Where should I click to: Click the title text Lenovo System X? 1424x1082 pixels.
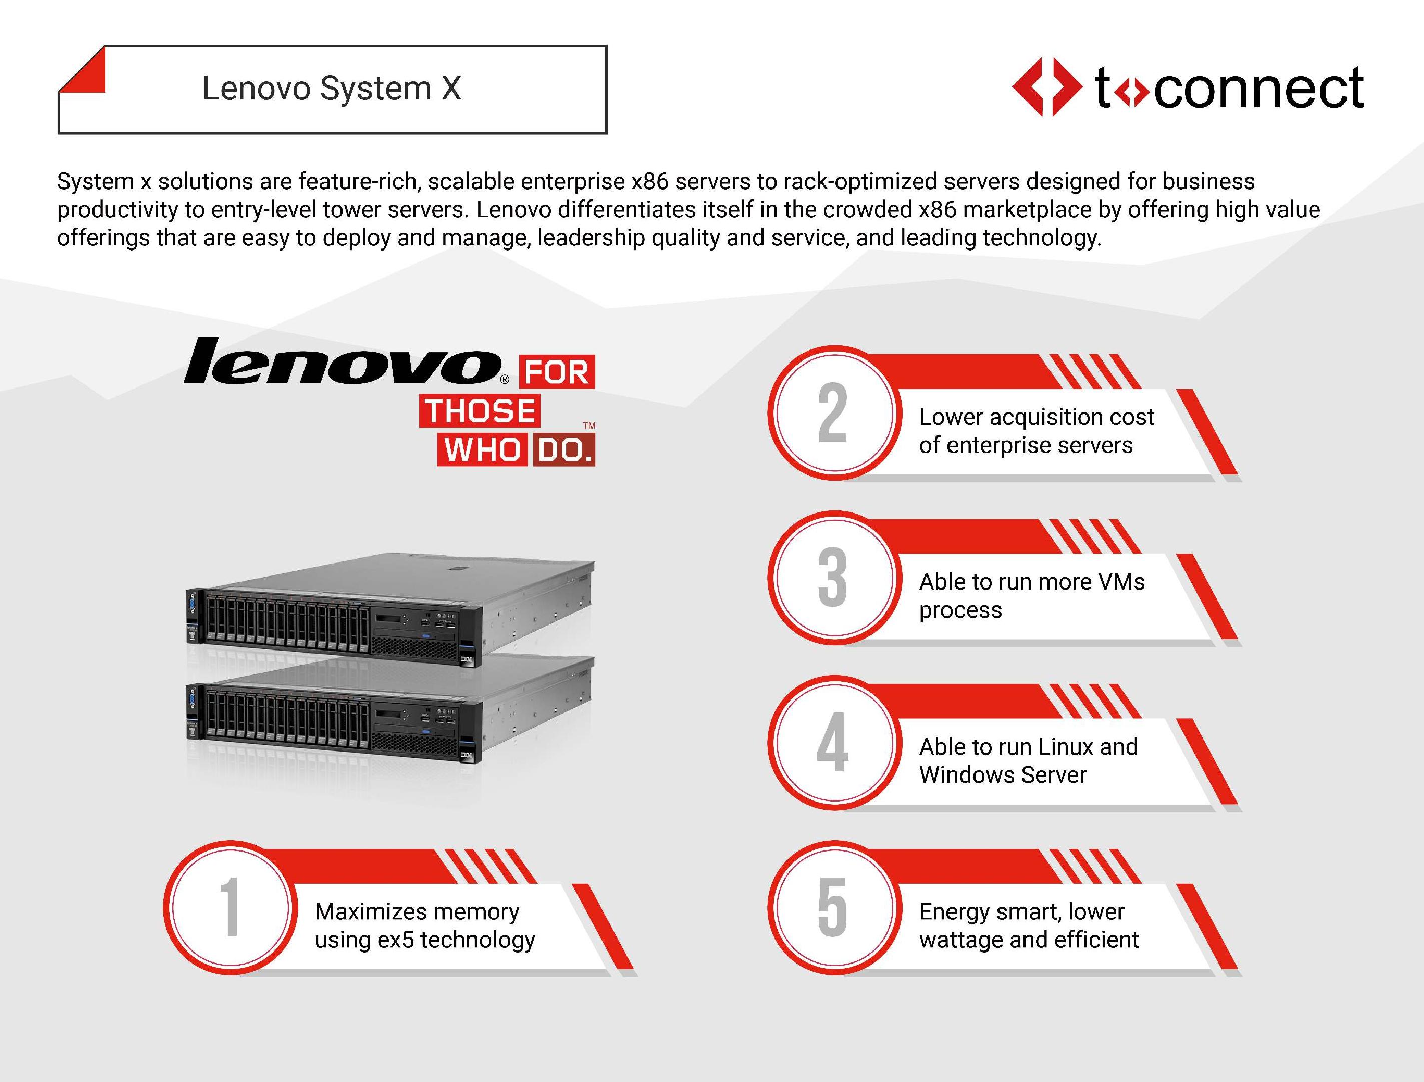[x=331, y=88]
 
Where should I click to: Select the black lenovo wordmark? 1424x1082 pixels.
[x=342, y=360]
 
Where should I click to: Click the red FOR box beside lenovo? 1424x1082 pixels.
[x=557, y=372]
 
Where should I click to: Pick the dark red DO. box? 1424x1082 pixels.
[x=563, y=450]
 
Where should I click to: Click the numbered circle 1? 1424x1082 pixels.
[x=230, y=907]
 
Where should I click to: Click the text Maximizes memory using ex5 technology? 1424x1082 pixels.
[x=425, y=925]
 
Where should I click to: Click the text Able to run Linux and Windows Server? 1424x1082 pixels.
[x=1029, y=761]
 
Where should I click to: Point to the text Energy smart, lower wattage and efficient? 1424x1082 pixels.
[x=1029, y=925]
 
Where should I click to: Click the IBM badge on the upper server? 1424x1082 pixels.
[x=466, y=660]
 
